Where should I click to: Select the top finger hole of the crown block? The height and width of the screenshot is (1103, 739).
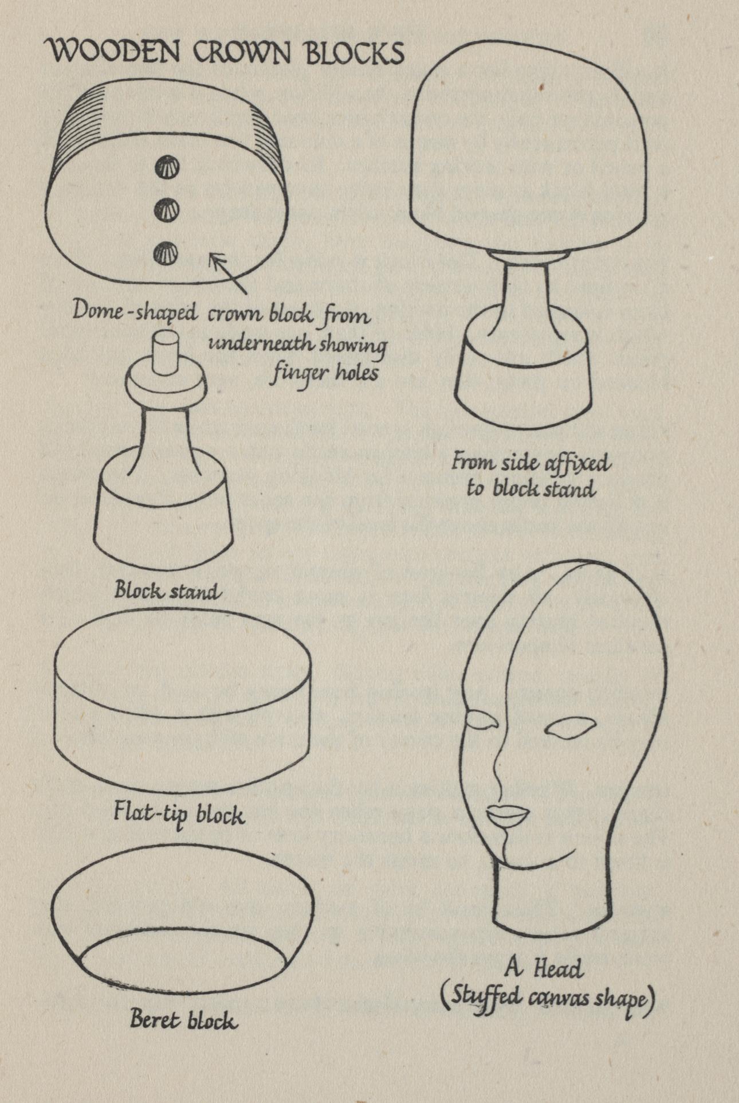(167, 168)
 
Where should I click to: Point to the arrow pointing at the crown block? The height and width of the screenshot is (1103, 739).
(227, 273)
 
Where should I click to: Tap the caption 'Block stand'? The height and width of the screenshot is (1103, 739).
(167, 590)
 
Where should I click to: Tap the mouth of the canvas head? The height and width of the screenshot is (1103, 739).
(508, 816)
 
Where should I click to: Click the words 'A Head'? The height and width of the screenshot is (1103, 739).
(544, 968)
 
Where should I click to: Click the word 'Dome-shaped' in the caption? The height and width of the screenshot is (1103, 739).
(135, 313)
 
